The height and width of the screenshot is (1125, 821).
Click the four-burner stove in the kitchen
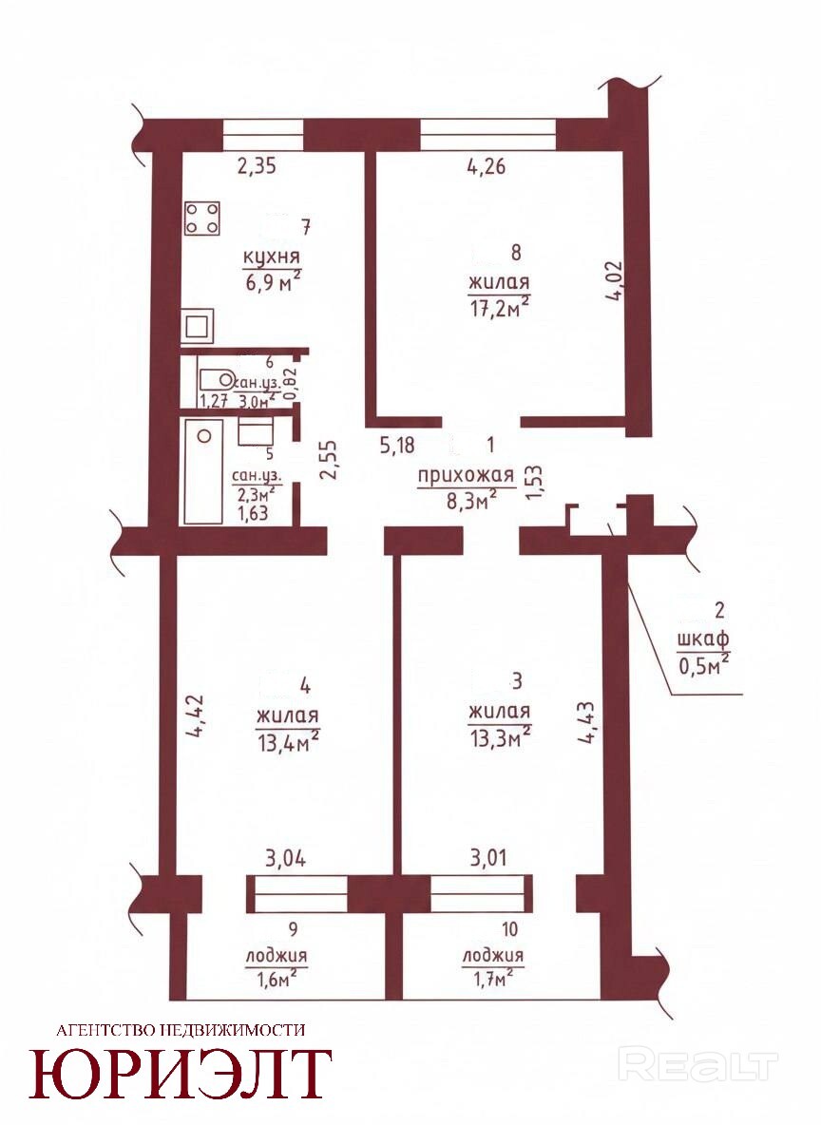[202, 219]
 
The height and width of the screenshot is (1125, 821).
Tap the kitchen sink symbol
[198, 327]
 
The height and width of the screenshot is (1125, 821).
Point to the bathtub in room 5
[203, 471]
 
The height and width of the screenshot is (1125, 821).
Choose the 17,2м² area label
[500, 306]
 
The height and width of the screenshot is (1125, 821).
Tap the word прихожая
[467, 476]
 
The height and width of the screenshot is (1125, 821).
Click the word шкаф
[702, 639]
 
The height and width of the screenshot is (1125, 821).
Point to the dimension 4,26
[486, 166]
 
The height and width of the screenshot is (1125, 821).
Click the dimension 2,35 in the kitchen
[257, 166]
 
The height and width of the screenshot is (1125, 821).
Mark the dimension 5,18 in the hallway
[397, 446]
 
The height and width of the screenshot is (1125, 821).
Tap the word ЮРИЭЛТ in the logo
[181, 1074]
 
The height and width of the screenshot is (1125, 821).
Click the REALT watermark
[697, 1066]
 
